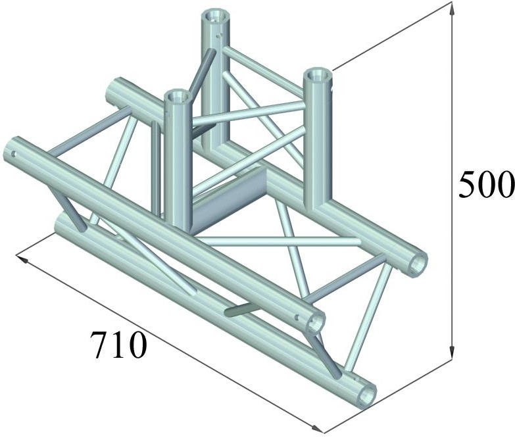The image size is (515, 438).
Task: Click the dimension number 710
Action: coord(118,344)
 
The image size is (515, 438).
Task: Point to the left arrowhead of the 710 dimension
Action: coord(22,258)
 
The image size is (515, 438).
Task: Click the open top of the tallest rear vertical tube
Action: coord(214,16)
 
